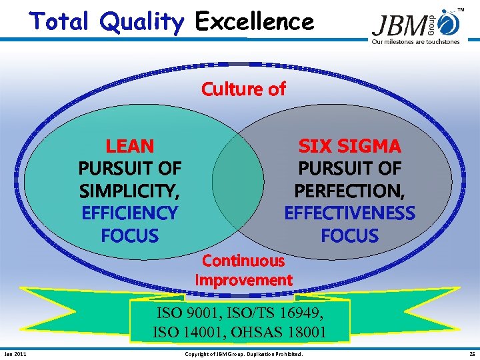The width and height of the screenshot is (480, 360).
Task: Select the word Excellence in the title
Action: click(254, 22)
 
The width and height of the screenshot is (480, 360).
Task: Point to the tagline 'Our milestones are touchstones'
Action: click(415, 42)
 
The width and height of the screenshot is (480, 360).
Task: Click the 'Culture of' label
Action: click(243, 89)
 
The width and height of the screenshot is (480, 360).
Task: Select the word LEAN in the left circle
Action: click(130, 145)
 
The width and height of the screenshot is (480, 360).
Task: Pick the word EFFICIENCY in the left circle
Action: click(130, 213)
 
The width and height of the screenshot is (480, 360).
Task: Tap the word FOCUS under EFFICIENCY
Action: click(130, 236)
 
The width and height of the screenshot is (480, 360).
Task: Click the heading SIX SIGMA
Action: click(349, 145)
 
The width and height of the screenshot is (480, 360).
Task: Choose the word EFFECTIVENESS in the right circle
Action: click(349, 213)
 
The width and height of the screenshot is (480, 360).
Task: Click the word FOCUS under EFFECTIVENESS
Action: click(349, 236)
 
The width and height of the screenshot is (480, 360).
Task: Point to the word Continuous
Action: click(243, 261)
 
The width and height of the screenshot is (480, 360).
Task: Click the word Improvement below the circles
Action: click(243, 280)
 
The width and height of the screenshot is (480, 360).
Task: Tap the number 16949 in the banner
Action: click(301, 311)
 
